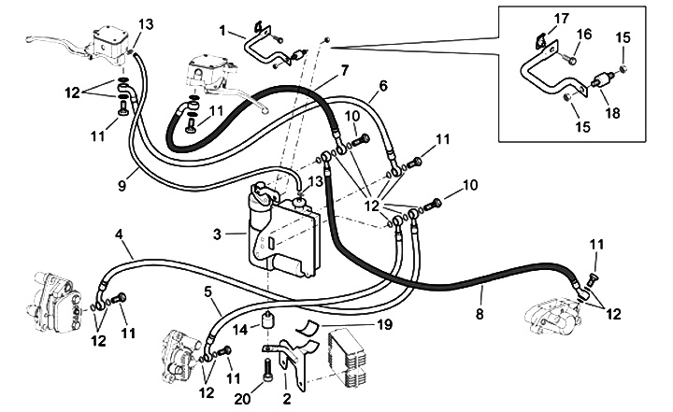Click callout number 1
222,29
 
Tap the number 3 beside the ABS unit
216,234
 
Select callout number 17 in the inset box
561,18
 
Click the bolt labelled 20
269,371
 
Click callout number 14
241,329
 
